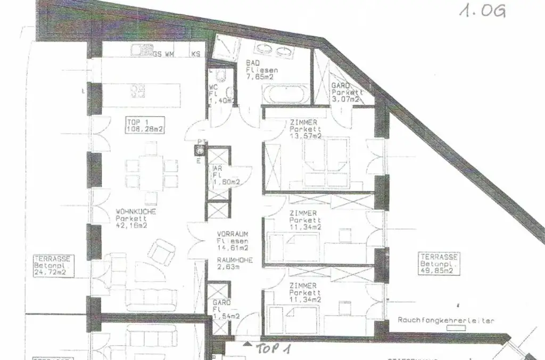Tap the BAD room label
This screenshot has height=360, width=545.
[x=252, y=62]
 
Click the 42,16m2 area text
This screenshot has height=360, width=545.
[x=131, y=225]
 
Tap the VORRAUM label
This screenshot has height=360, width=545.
[x=233, y=234]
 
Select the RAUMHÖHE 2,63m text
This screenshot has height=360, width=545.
[x=235, y=264]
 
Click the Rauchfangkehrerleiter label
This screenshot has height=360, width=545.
[x=446, y=320]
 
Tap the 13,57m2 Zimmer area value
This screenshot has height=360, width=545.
[x=305, y=136]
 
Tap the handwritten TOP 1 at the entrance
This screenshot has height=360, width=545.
[x=274, y=349]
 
